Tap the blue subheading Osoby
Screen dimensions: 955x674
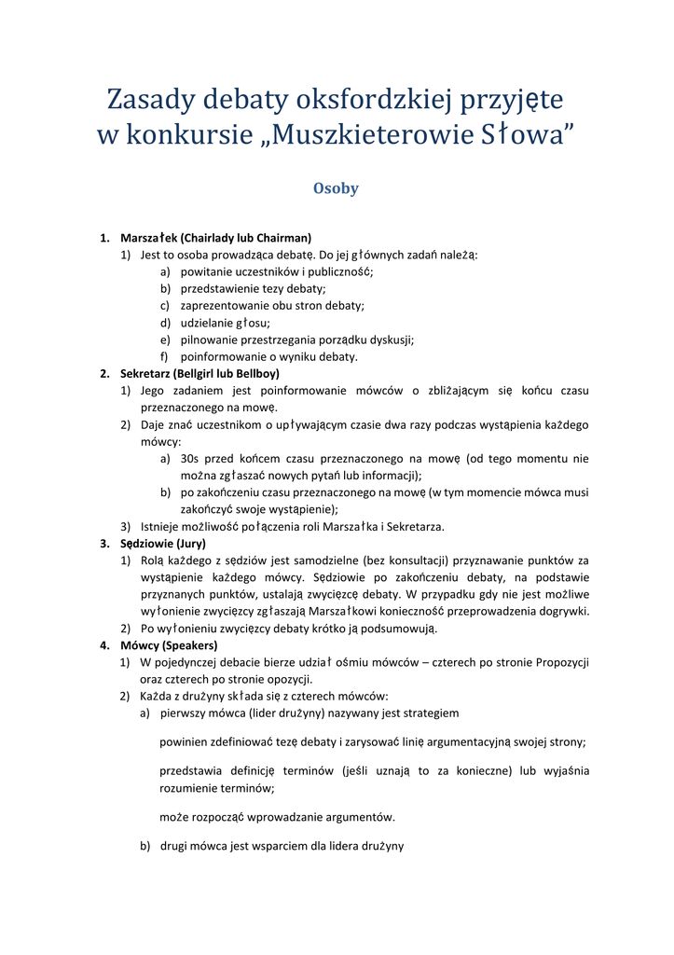[x=336, y=188]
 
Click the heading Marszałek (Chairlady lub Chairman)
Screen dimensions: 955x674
[x=215, y=238]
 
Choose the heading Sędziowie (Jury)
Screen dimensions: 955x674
[x=163, y=543]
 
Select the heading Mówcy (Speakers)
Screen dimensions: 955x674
[x=169, y=644]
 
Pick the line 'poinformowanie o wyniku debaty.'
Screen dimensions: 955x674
[x=268, y=356]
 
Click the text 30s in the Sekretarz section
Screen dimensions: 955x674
[x=190, y=459]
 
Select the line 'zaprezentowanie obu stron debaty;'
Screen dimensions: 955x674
[x=272, y=305]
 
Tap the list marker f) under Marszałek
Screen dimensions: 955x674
[x=165, y=356]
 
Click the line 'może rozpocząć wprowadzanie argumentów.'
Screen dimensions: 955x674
[x=277, y=817]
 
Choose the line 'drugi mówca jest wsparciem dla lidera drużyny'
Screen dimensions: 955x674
[x=282, y=846]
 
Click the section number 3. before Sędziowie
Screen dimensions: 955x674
[x=104, y=543]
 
